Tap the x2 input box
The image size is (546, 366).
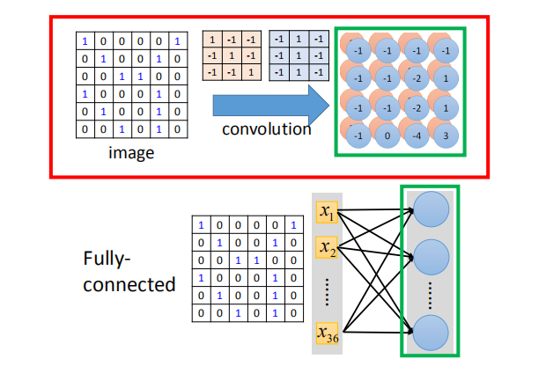click(x=326, y=249)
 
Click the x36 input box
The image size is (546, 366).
click(x=328, y=335)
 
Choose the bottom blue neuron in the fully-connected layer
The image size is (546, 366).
click(x=430, y=333)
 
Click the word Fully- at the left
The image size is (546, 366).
click(x=107, y=260)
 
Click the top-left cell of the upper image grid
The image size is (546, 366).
click(x=85, y=40)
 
